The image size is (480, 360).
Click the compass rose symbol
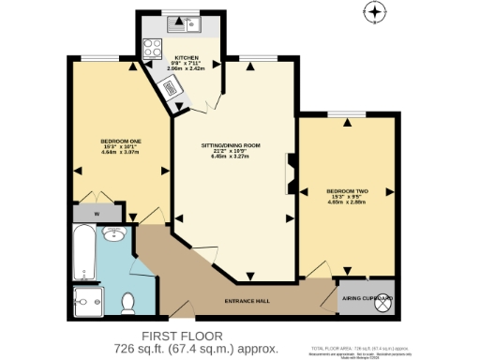tap(375, 12)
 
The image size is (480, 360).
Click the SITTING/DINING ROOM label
tap(231, 145)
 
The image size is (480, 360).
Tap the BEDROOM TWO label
tap(347, 190)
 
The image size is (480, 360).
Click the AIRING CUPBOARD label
tap(365, 298)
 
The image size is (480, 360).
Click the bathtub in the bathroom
tap(82, 253)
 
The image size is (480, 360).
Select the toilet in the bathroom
tap(129, 301)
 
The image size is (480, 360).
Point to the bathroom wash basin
tap(115, 234)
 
